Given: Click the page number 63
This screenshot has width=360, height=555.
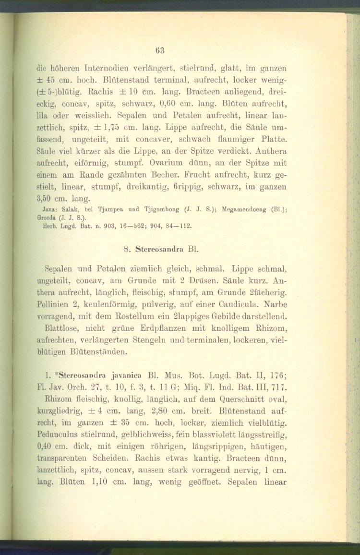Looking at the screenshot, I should [160, 48].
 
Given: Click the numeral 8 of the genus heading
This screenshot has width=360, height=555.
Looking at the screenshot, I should [125, 250].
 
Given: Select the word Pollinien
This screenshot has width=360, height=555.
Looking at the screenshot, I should [57, 304].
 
